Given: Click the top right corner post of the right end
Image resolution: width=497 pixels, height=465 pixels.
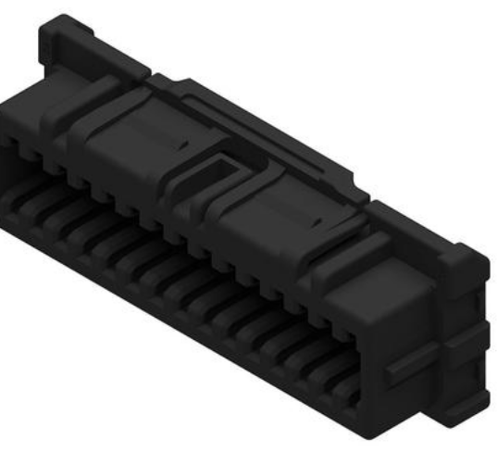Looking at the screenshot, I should pyautogui.click(x=463, y=255).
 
